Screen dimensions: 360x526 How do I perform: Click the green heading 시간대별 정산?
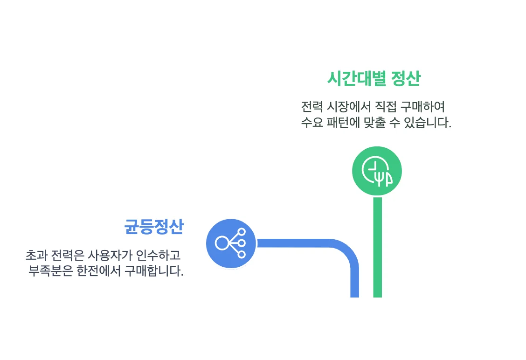click(x=374, y=79)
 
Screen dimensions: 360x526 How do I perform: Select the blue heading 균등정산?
click(x=154, y=227)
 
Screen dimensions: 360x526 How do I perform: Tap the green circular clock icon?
click(x=377, y=171)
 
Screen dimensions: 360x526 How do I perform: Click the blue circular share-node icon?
click(x=231, y=243)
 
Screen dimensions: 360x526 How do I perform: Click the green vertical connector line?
click(x=377, y=247)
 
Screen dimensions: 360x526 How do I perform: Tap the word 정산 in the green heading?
click(x=406, y=79)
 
